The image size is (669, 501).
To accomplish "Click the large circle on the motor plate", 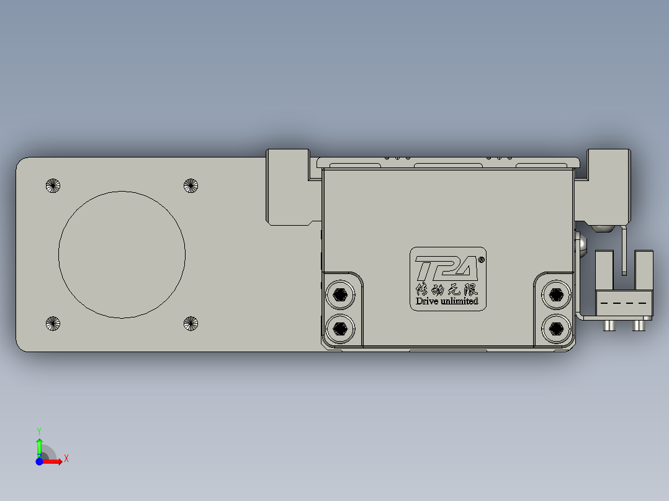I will point(122,254).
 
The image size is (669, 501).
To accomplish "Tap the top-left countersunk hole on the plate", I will point(53,185).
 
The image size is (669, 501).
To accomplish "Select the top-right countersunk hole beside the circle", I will point(191,185).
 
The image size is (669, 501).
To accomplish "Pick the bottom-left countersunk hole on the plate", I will point(53,323).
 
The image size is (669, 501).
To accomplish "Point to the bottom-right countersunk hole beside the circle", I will point(191,323).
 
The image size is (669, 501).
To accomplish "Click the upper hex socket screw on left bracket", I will point(340,295).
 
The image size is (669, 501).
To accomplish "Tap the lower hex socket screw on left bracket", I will point(340,327).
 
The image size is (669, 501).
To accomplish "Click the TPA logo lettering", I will point(446,269).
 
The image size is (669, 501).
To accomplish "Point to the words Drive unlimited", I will point(447,301).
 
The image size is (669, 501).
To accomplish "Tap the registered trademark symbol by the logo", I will point(482,260).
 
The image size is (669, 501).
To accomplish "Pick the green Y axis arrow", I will point(39,445).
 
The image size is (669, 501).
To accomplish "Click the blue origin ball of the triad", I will point(39,461).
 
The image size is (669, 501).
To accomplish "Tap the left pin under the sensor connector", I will point(608,325).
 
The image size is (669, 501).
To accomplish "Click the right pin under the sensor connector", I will point(638,325).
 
